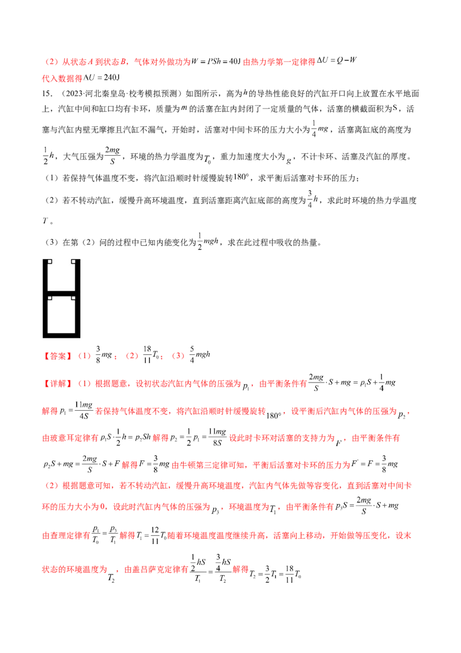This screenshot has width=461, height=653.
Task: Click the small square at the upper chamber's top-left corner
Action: click(49, 261)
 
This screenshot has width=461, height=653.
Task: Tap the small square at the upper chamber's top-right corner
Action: click(74, 261)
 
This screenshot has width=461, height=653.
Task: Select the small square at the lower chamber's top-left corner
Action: click(49, 298)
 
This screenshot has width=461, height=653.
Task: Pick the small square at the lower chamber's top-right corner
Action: click(74, 298)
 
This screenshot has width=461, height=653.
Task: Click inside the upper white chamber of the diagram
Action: click(62, 277)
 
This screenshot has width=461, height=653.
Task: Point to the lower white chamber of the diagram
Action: click(62, 316)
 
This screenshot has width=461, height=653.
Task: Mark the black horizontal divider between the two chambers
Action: click(62, 294)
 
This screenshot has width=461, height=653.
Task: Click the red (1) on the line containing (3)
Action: click(84, 356)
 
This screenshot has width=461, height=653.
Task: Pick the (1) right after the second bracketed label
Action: click(83, 383)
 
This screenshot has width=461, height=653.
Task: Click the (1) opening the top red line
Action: click(50, 62)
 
